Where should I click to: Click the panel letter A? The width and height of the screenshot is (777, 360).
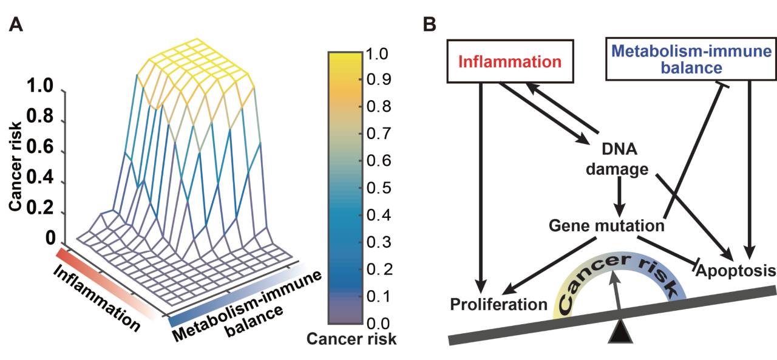click(x=16, y=25)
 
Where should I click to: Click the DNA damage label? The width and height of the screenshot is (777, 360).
click(x=617, y=160)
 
